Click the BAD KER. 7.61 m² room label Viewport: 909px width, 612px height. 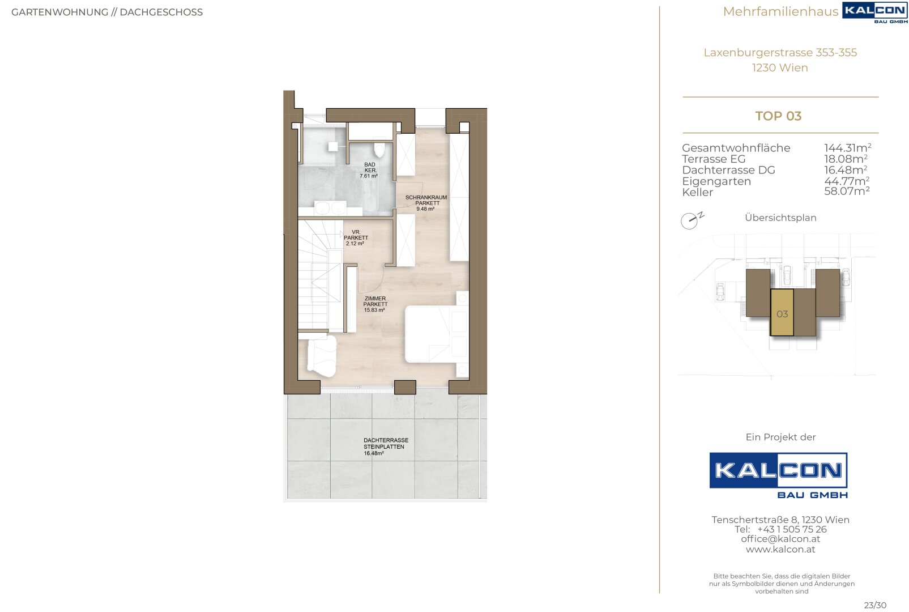pyautogui.click(x=369, y=171)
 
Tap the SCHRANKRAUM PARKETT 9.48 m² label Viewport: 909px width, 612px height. pyautogui.click(x=426, y=203)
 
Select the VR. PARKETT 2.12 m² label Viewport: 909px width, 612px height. pyautogui.click(x=356, y=238)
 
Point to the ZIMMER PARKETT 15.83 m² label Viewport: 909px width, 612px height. pyautogui.click(x=375, y=304)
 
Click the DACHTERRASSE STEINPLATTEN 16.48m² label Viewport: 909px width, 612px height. pyautogui.click(x=386, y=447)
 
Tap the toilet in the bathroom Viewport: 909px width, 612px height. pyautogui.click(x=379, y=150)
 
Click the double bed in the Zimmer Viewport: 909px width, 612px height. pyautogui.click(x=437, y=334)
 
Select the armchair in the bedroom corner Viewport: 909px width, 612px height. pyautogui.click(x=322, y=356)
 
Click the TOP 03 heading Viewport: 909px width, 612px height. pyautogui.click(x=778, y=116)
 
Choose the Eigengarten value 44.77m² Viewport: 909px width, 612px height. pyautogui.click(x=847, y=181)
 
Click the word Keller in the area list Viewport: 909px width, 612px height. pyautogui.click(x=697, y=192)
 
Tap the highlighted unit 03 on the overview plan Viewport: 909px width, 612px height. pyautogui.click(x=782, y=313)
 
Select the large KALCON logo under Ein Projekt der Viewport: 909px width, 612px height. pyautogui.click(x=778, y=475)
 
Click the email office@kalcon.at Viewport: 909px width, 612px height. pyautogui.click(x=780, y=539)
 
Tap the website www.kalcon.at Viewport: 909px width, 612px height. pyautogui.click(x=780, y=549)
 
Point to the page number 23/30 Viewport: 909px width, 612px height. pyautogui.click(x=876, y=605)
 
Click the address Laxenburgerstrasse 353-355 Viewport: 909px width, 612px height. pyautogui.click(x=780, y=52)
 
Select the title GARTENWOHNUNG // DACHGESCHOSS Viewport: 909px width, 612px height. pyautogui.click(x=107, y=12)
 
